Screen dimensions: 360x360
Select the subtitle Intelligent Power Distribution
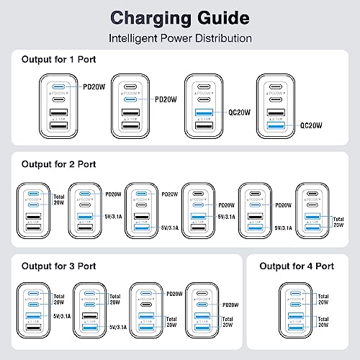point(180,37)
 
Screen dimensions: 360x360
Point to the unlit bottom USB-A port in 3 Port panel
point(32,328)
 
